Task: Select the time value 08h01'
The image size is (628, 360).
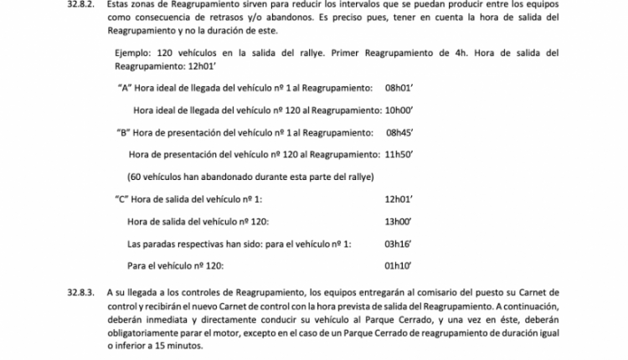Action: click(400, 87)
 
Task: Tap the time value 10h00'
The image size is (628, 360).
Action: click(400, 110)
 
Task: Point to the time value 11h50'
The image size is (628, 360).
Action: click(400, 154)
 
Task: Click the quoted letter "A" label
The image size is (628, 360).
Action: click(126, 87)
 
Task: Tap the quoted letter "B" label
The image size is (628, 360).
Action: click(122, 131)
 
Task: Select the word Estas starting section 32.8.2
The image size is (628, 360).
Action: click(121, 4)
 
